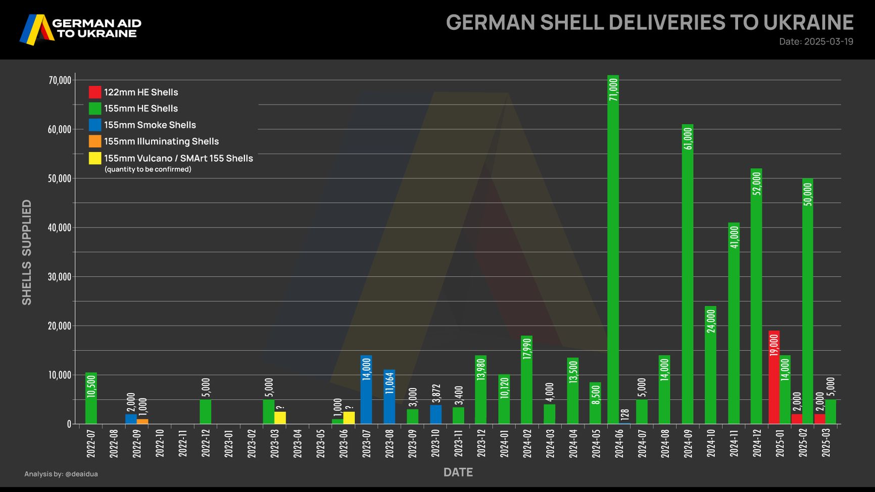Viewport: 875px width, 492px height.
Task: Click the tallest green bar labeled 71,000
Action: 613,253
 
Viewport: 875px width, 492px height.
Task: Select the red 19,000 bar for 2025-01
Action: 774,379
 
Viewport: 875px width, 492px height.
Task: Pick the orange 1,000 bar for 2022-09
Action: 142,421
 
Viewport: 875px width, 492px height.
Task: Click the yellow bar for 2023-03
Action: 280,418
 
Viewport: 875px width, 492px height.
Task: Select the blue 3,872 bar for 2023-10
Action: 435,414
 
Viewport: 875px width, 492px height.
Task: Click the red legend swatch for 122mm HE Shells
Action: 95,92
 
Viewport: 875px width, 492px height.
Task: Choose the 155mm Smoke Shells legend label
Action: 150,125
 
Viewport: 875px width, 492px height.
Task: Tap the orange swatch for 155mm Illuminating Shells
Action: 95,141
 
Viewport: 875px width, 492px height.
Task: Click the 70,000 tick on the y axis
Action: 60,80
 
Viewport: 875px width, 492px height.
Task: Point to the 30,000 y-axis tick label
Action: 60,277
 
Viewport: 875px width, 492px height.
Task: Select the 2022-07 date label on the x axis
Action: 91,443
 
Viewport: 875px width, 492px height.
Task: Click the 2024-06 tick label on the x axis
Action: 619,443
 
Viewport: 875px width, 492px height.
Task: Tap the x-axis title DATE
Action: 458,472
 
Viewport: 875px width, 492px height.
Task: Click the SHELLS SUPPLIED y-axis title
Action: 27,253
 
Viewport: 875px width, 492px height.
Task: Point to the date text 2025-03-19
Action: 829,42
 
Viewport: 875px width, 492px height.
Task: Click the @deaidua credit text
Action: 82,474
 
